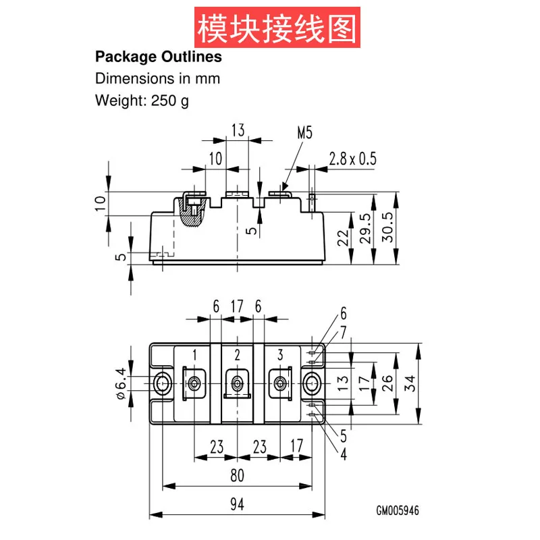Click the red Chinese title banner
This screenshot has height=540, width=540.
click(277, 27)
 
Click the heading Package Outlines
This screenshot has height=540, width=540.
click(159, 57)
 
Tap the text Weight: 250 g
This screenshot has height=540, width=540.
click(142, 101)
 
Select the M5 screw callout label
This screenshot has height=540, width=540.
click(305, 132)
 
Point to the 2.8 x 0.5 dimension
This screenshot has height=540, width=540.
click(352, 159)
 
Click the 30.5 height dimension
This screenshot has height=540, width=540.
click(387, 227)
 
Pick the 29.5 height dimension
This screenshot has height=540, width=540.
click(366, 228)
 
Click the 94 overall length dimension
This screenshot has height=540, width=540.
click(238, 504)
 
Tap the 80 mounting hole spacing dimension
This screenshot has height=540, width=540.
click(238, 475)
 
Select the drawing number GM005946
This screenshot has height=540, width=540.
click(398, 510)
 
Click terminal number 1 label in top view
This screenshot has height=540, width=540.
click(194, 355)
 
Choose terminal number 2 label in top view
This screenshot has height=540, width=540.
click(238, 355)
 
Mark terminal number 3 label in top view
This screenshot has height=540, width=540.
click(280, 355)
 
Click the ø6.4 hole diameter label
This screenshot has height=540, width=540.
click(122, 383)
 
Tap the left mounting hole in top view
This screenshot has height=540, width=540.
click(162, 383)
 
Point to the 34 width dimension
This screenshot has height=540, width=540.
click(410, 383)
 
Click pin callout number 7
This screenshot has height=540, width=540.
click(344, 332)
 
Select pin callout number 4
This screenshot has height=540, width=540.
click(344, 454)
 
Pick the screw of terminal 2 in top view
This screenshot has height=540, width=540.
click(238, 383)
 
